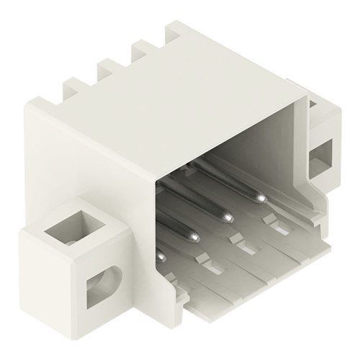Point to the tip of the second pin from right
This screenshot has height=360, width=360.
tap(228, 216)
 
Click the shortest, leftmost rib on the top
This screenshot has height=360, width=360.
tap(73, 90)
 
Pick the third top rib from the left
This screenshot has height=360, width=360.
tap(141, 52)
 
